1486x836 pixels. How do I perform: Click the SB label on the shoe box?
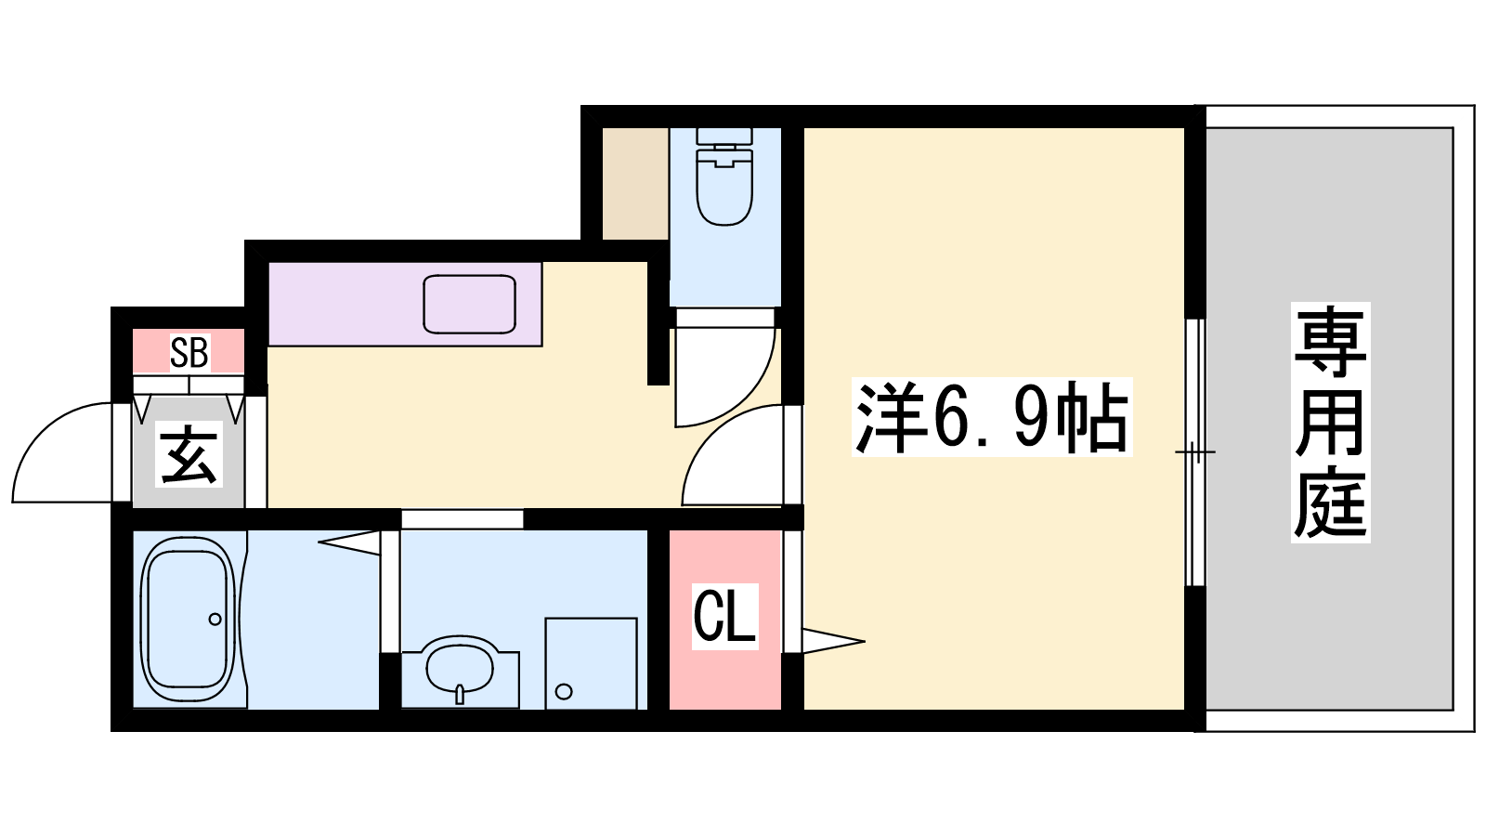[x=189, y=352]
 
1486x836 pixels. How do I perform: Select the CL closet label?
[x=724, y=615]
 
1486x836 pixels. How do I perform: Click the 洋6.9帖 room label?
[x=992, y=417]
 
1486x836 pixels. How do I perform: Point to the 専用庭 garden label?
[x=1330, y=422]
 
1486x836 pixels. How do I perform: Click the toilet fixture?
[x=724, y=176]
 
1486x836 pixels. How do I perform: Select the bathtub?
[x=189, y=619]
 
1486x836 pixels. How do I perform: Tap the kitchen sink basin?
[x=470, y=304]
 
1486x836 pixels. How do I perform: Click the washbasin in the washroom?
[x=461, y=668]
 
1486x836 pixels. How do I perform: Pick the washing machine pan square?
[x=591, y=663]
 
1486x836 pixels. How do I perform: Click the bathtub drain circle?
[x=215, y=619]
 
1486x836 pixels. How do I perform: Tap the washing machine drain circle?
[x=564, y=692]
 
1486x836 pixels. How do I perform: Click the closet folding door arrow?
[x=833, y=641]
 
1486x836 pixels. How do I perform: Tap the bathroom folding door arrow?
[x=349, y=542]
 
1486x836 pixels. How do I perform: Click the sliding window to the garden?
[x=1195, y=452]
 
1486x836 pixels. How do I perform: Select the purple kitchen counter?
[x=405, y=304]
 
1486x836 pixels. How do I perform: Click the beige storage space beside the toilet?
[x=635, y=184]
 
